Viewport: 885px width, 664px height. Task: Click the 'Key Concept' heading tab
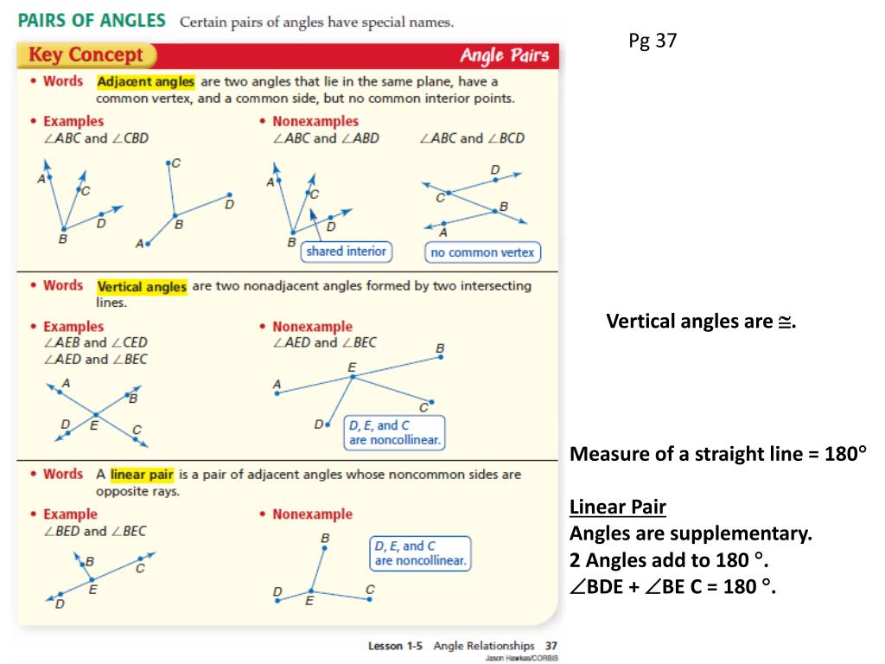(x=86, y=56)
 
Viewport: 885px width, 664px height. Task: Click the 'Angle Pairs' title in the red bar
(x=504, y=56)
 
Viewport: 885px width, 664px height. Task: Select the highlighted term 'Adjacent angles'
(x=146, y=82)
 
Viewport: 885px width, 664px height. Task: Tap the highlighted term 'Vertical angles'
(x=142, y=287)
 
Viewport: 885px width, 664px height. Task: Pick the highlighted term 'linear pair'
(x=142, y=475)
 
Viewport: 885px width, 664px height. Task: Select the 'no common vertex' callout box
(x=483, y=252)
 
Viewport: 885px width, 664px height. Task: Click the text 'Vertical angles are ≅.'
(x=699, y=322)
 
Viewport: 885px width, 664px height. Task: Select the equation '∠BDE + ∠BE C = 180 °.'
(x=673, y=588)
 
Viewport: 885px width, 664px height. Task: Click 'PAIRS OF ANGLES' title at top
(x=92, y=21)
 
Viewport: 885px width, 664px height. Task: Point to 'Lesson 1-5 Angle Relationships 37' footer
(x=462, y=646)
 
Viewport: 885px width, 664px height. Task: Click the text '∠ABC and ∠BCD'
(x=471, y=138)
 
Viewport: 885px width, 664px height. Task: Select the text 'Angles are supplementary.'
(x=691, y=533)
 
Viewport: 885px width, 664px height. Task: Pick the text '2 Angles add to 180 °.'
(x=669, y=560)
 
